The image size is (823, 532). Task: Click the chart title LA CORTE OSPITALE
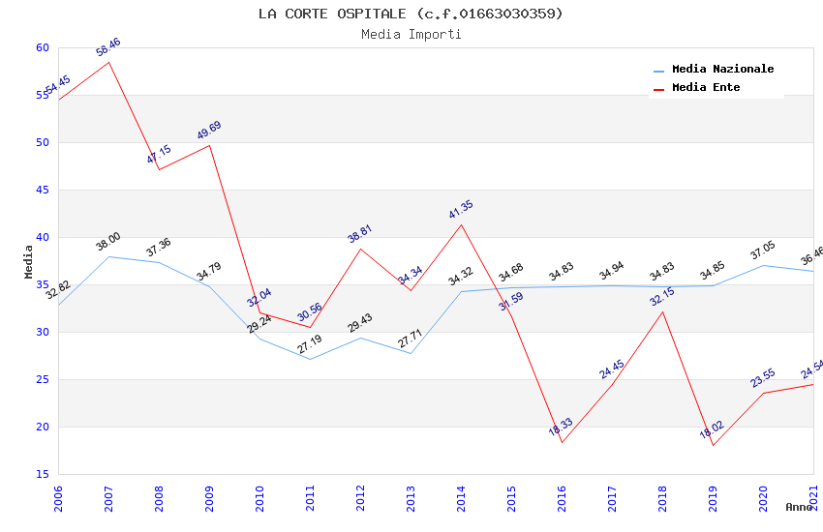[x=411, y=14]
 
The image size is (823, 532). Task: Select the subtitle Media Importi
[x=411, y=35]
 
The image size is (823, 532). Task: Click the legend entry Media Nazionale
[x=722, y=70]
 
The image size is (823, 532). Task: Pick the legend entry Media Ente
[x=706, y=88]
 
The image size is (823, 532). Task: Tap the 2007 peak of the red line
[x=108, y=62]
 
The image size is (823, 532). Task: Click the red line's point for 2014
[x=461, y=224]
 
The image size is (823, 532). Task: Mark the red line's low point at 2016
[x=562, y=443]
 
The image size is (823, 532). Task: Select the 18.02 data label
[x=712, y=429]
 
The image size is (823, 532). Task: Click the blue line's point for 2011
[x=310, y=359]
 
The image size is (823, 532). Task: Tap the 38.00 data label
[x=107, y=242]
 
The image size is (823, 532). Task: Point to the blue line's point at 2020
[x=763, y=265]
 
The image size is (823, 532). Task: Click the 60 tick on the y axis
[x=42, y=47]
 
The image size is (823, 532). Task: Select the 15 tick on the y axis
[x=42, y=474]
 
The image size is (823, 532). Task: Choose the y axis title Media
[x=29, y=261]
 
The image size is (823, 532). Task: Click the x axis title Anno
[x=799, y=507]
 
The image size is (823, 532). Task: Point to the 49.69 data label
[x=209, y=131]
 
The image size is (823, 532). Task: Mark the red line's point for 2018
[x=662, y=311]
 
